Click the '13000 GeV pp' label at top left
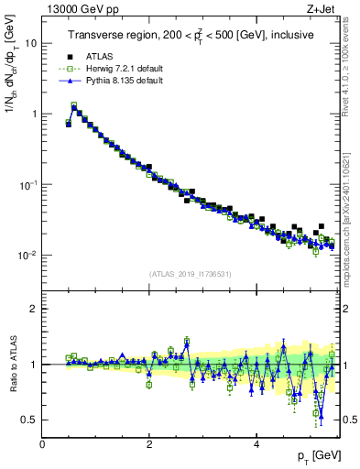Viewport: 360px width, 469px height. pyautogui.click(x=76, y=9)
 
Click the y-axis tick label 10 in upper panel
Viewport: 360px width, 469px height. pyautogui.click(x=31, y=43)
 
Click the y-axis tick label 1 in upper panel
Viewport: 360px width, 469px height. pyautogui.click(x=34, y=115)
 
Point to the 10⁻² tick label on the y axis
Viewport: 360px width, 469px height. pyautogui.click(x=27, y=256)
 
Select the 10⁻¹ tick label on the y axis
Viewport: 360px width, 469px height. pyautogui.click(x=27, y=185)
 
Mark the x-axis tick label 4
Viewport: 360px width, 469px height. pyautogui.click(x=256, y=443)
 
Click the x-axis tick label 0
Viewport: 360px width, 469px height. pyautogui.click(x=42, y=443)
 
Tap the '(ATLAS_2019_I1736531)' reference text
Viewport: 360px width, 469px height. pyautogui.click(x=191, y=274)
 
